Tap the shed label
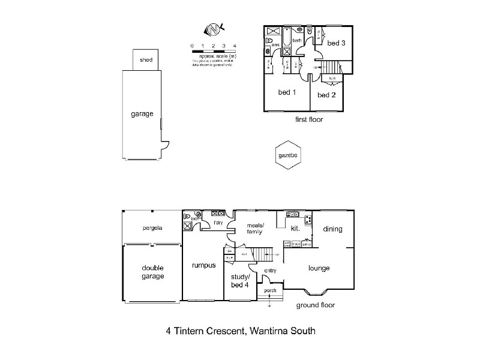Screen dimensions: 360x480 click(146, 60)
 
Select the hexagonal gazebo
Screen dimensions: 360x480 click(288, 155)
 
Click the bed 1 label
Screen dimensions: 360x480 click(287, 92)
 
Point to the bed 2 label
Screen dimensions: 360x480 click(326, 95)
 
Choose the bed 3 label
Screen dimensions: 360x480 click(336, 43)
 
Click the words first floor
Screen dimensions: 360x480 click(309, 119)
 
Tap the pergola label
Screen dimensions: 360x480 click(152, 228)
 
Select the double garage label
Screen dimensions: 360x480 click(152, 272)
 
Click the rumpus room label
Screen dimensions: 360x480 click(203, 266)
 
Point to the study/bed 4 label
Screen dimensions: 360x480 click(240, 280)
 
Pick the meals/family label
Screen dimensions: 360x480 click(256, 228)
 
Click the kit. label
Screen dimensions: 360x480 click(295, 229)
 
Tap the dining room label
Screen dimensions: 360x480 click(332, 229)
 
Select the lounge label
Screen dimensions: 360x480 click(319, 268)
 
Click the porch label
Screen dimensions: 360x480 click(271, 290)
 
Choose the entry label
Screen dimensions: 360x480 click(270, 271)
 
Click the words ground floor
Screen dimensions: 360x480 click(316, 305)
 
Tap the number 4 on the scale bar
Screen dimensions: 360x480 click(235, 46)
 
